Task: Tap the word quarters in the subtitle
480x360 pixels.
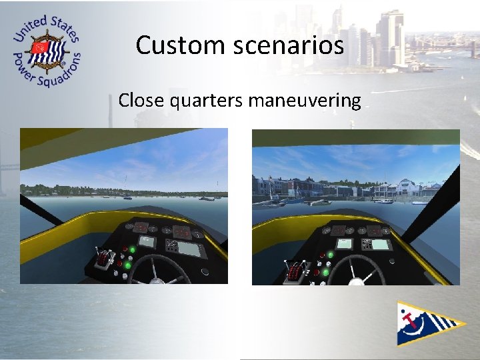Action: (208, 101)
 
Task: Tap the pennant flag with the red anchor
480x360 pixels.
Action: (427, 323)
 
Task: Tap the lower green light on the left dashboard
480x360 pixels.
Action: (127, 265)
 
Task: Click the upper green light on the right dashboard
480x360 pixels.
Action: (331, 255)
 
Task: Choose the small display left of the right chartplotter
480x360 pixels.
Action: (345, 243)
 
